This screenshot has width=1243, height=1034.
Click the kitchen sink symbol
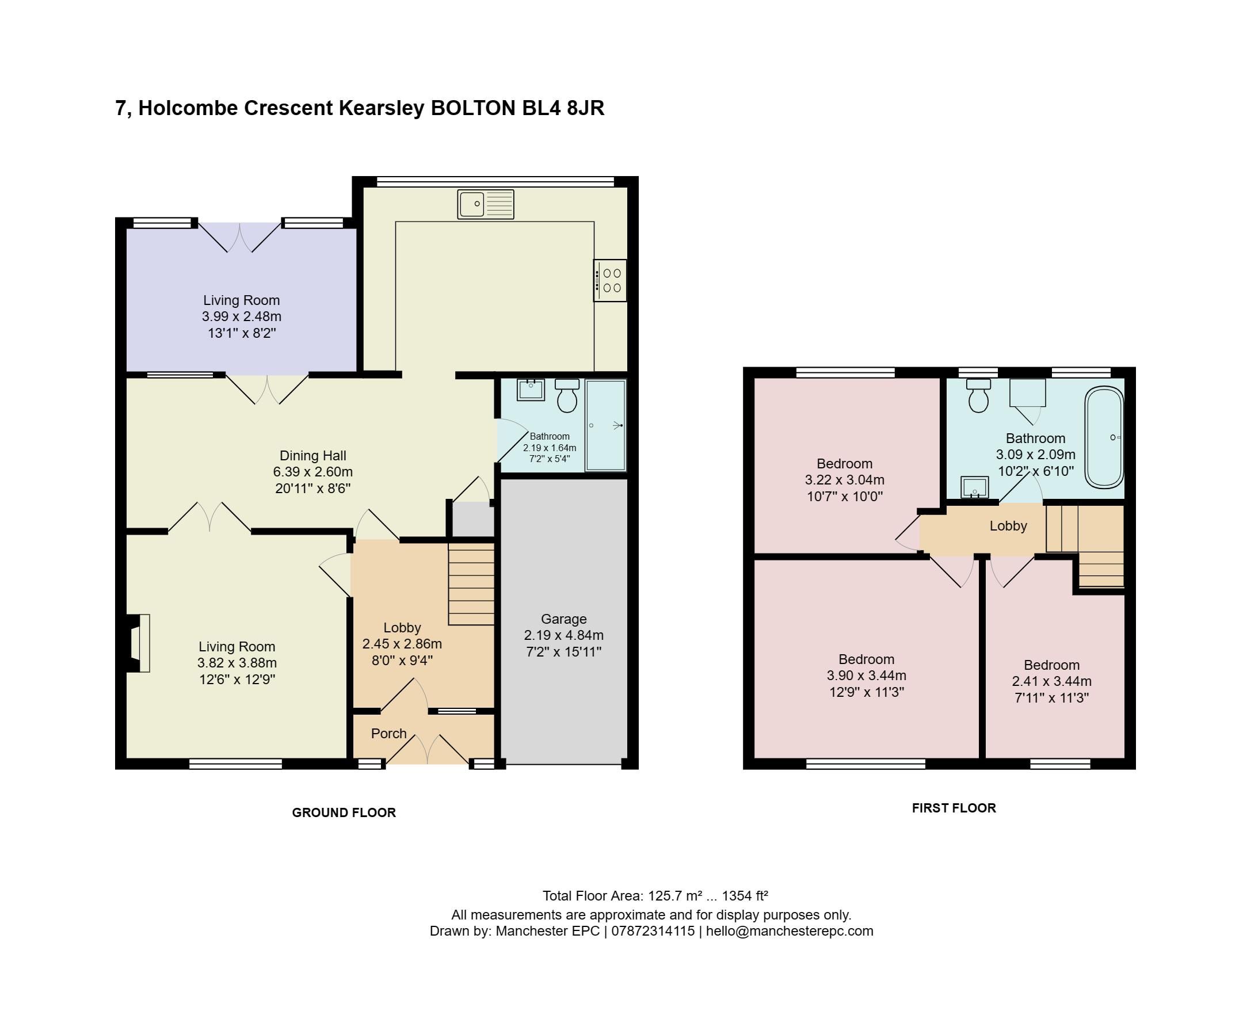click(485, 204)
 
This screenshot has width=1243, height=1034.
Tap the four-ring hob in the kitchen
click(610, 281)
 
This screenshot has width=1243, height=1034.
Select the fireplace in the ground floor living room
click(139, 643)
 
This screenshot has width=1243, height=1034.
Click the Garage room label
click(563, 619)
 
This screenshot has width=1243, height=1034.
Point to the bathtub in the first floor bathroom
click(1104, 437)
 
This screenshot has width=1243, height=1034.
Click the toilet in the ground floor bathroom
click(567, 395)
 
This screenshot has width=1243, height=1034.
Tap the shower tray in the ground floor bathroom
click(605, 426)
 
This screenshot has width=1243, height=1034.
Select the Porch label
click(388, 734)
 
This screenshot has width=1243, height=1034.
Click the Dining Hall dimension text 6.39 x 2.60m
click(312, 472)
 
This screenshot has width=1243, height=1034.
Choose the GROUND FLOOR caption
click(344, 812)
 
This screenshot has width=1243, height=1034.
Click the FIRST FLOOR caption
click(954, 808)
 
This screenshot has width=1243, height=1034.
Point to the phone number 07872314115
click(653, 931)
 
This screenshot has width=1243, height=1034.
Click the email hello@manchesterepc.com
click(789, 931)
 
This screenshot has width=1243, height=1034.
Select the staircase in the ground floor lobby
click(471, 585)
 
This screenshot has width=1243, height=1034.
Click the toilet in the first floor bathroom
click(978, 395)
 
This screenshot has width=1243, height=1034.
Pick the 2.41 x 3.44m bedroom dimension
click(1052, 681)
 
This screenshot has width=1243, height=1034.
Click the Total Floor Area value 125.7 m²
click(674, 895)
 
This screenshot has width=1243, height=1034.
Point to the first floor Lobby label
click(1008, 525)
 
